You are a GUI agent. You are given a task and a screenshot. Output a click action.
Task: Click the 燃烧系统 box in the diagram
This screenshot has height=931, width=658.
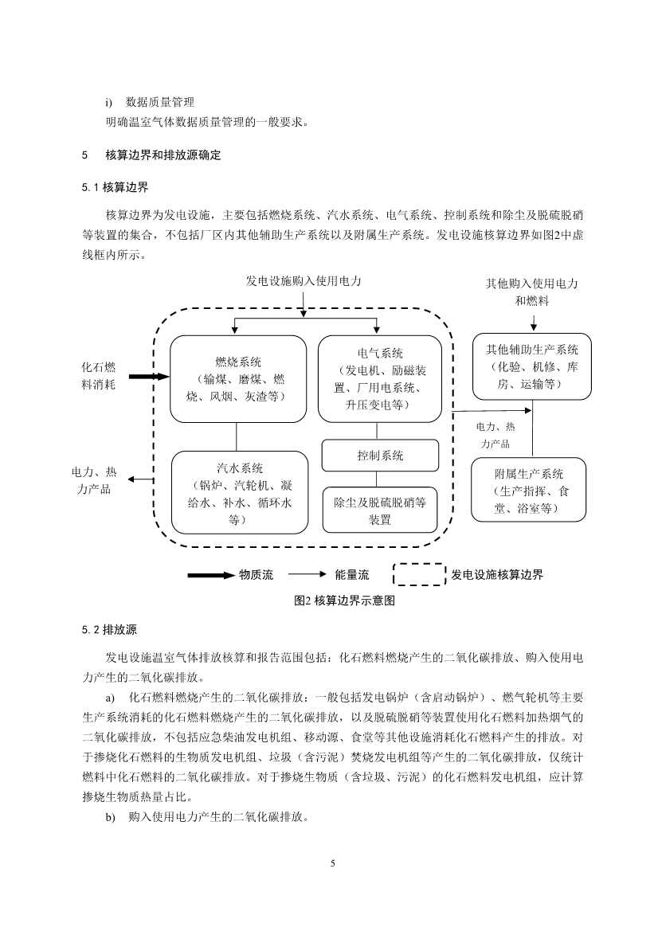(x=237, y=378)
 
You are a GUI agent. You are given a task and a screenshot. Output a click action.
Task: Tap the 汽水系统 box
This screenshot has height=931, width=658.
(x=239, y=492)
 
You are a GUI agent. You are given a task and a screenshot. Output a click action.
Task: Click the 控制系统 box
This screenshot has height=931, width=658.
(x=380, y=456)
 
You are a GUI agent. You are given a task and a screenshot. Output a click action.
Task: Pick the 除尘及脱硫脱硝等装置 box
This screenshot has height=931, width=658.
(x=380, y=510)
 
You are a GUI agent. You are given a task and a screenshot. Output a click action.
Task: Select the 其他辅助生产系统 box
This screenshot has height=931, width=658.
(x=531, y=366)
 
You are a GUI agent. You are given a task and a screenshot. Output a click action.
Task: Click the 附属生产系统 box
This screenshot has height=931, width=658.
(x=528, y=489)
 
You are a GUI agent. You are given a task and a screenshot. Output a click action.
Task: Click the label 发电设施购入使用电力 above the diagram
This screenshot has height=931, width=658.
(x=304, y=281)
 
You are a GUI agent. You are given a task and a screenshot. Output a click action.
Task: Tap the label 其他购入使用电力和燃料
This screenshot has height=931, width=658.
(x=532, y=292)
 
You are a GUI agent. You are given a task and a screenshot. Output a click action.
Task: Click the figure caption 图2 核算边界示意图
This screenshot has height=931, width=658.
(x=344, y=601)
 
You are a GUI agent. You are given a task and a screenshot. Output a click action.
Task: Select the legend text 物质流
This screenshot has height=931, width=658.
(x=257, y=574)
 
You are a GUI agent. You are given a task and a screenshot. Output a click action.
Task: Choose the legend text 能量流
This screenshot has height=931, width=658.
(x=352, y=574)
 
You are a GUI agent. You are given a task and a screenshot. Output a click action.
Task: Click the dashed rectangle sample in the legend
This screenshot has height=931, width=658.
(x=419, y=574)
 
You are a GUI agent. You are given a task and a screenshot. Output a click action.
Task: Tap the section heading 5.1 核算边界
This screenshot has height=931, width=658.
(x=115, y=188)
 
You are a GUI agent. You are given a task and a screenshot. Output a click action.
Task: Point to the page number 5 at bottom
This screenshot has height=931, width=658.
(x=334, y=863)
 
